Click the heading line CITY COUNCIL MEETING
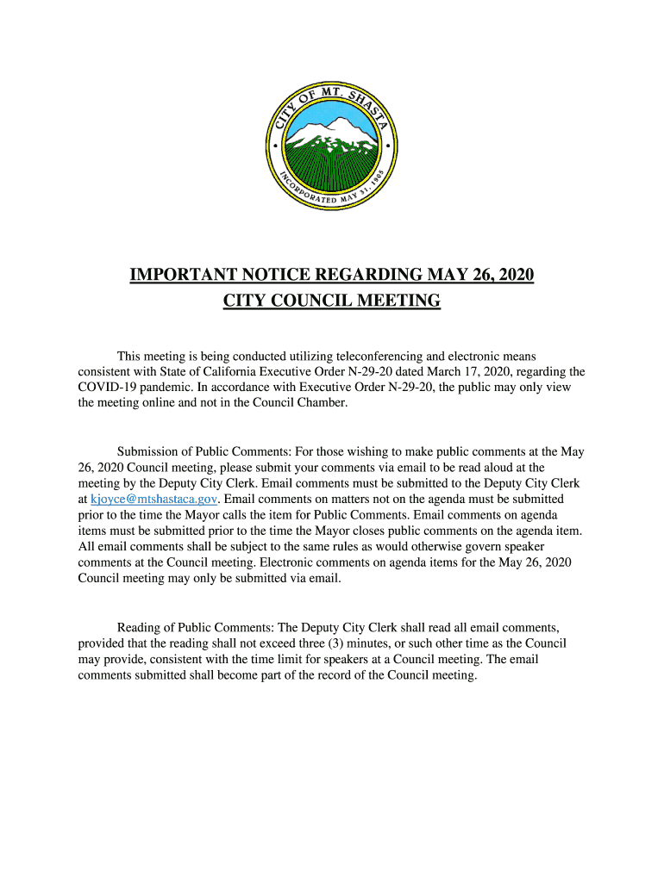click(x=332, y=301)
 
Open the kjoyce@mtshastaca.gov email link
click(x=154, y=500)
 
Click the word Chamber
click(x=323, y=403)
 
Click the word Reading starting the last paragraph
click(x=140, y=628)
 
